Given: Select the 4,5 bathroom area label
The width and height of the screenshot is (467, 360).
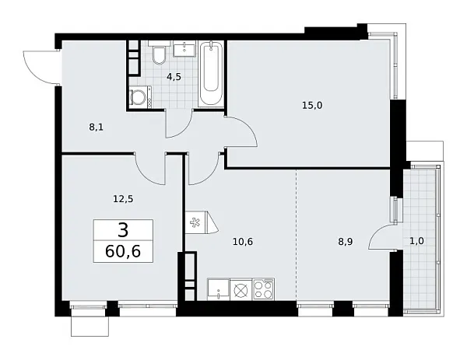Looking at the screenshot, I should (175, 76).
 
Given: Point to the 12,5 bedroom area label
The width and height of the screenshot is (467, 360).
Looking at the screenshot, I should (123, 198).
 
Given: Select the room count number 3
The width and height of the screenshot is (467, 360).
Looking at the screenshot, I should (123, 230).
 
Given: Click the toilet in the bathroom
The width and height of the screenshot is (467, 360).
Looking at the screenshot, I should (159, 55).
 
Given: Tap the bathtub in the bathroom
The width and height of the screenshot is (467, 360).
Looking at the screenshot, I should (210, 76).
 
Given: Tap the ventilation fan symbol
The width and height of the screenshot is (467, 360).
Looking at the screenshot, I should (194, 222).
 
